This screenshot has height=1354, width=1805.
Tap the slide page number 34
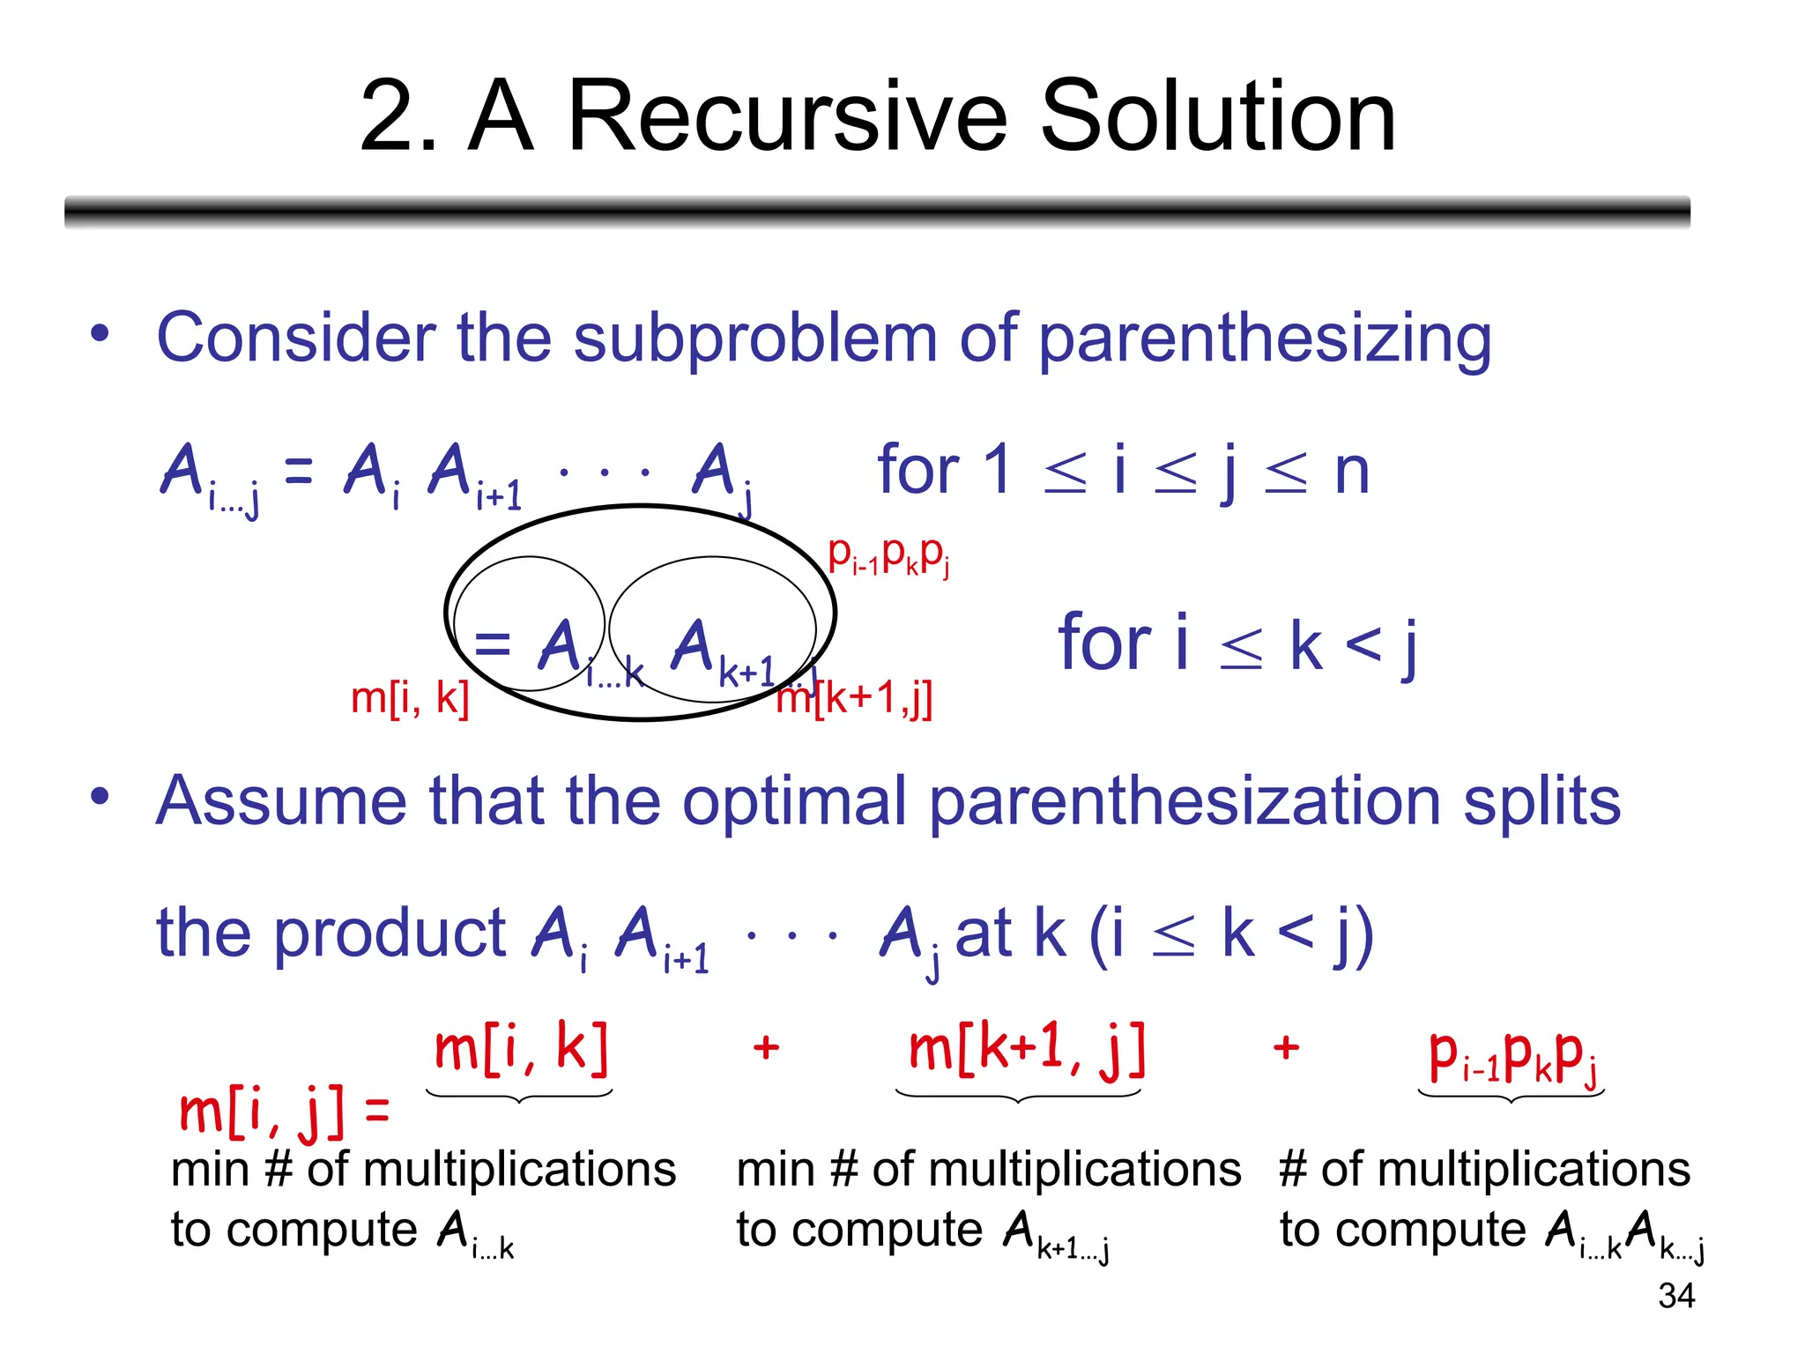(x=1675, y=1296)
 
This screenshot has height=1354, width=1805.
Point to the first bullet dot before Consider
(x=100, y=333)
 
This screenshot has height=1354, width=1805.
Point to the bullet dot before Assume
(x=100, y=795)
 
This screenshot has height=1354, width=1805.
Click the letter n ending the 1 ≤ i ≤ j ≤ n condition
(x=1351, y=472)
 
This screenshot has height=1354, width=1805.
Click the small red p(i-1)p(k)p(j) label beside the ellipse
(x=888, y=555)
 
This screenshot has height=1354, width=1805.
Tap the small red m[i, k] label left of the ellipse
(x=410, y=698)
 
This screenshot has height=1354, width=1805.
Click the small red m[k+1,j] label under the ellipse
(x=855, y=699)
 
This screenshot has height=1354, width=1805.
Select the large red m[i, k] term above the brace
(x=521, y=1049)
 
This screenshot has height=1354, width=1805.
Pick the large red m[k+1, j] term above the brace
(x=1027, y=1049)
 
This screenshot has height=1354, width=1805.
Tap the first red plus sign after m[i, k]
(x=766, y=1047)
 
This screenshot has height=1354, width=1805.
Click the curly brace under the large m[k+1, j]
(x=1018, y=1097)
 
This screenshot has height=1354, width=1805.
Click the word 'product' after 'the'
(x=389, y=934)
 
